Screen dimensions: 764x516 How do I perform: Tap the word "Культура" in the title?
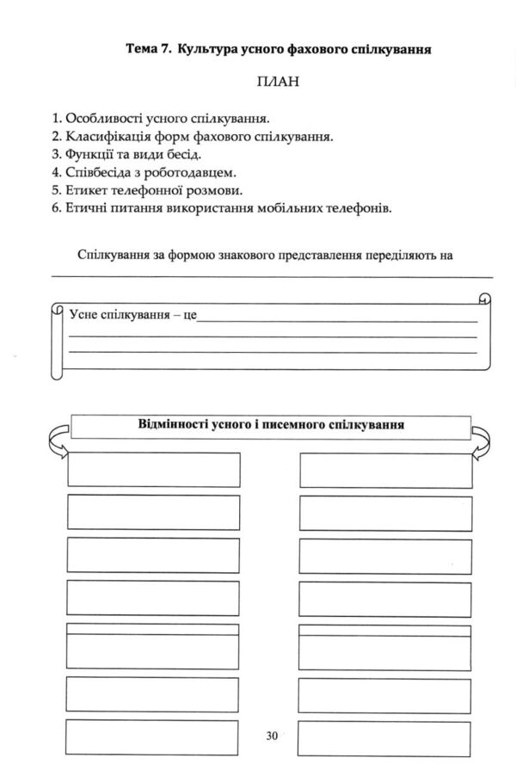(x=206, y=51)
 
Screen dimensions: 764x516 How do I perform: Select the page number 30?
(x=273, y=736)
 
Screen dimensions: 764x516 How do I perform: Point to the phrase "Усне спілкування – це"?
(x=132, y=316)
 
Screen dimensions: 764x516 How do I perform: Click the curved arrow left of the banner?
(x=54, y=438)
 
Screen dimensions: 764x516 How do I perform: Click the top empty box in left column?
(x=153, y=469)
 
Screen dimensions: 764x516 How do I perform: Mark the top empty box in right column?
(x=386, y=469)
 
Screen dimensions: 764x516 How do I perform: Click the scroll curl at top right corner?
(x=483, y=299)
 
